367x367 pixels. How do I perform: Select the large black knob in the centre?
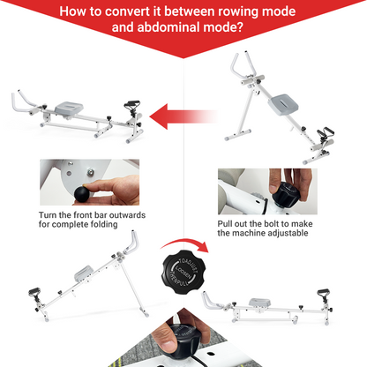(185, 268)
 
